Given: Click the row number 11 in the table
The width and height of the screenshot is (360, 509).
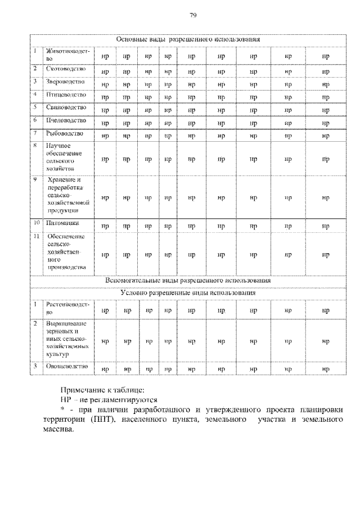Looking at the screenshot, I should pos(35,236).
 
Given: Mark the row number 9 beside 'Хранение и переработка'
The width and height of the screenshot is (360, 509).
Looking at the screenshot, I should pos(35,179).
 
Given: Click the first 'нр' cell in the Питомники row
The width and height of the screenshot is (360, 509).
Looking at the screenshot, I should pos(105,226).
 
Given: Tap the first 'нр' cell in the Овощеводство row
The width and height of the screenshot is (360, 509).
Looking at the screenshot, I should pos(105,369).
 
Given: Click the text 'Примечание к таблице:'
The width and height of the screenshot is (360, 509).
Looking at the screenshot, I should pos(102,390).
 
